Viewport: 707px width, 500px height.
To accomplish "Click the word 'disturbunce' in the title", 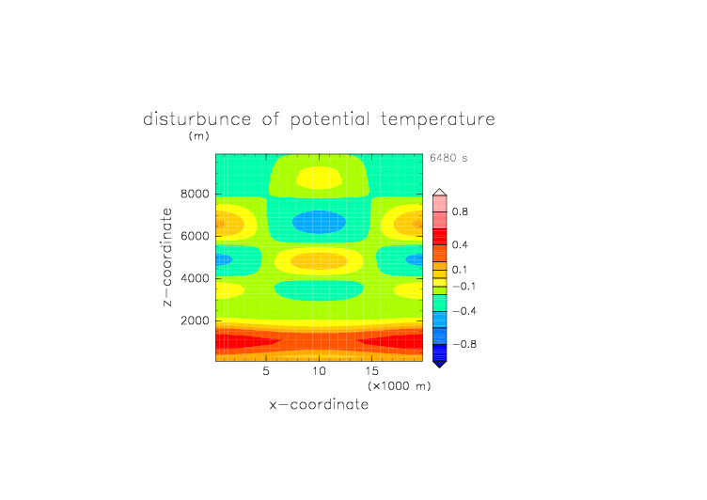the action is pyautogui.click(x=197, y=119).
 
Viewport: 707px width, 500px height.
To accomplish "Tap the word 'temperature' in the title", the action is pyautogui.click(x=438, y=119).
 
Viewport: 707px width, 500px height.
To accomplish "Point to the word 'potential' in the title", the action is pyautogui.click(x=330, y=120).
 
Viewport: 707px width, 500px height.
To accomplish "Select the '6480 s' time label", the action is pyautogui.click(x=448, y=158).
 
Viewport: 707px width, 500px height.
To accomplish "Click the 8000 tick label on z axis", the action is pyautogui.click(x=195, y=194).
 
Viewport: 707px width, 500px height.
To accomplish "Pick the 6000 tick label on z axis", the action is pyautogui.click(x=195, y=236).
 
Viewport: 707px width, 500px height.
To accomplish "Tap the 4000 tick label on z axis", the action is pyautogui.click(x=195, y=278).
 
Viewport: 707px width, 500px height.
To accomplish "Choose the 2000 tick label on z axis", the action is pyautogui.click(x=195, y=320).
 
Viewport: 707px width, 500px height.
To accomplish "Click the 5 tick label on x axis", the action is pyautogui.click(x=266, y=371).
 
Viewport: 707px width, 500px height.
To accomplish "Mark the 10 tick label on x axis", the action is pyautogui.click(x=320, y=371).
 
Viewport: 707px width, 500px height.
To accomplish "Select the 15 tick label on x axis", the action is pyautogui.click(x=372, y=371).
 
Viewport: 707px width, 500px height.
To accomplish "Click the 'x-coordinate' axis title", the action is pyautogui.click(x=319, y=404).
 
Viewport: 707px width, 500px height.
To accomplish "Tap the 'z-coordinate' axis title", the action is pyautogui.click(x=166, y=257).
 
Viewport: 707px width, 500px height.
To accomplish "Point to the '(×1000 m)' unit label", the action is pyautogui.click(x=400, y=386).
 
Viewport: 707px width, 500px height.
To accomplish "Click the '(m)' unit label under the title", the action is pyautogui.click(x=199, y=135).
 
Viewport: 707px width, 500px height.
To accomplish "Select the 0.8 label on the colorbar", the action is pyautogui.click(x=460, y=211).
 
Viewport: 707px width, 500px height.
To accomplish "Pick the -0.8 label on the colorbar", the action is pyautogui.click(x=464, y=344).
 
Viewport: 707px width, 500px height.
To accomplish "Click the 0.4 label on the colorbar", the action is pyautogui.click(x=460, y=244).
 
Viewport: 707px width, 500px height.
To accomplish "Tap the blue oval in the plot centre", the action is pyautogui.click(x=320, y=222).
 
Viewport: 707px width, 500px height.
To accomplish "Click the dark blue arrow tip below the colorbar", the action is pyautogui.click(x=440, y=367).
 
